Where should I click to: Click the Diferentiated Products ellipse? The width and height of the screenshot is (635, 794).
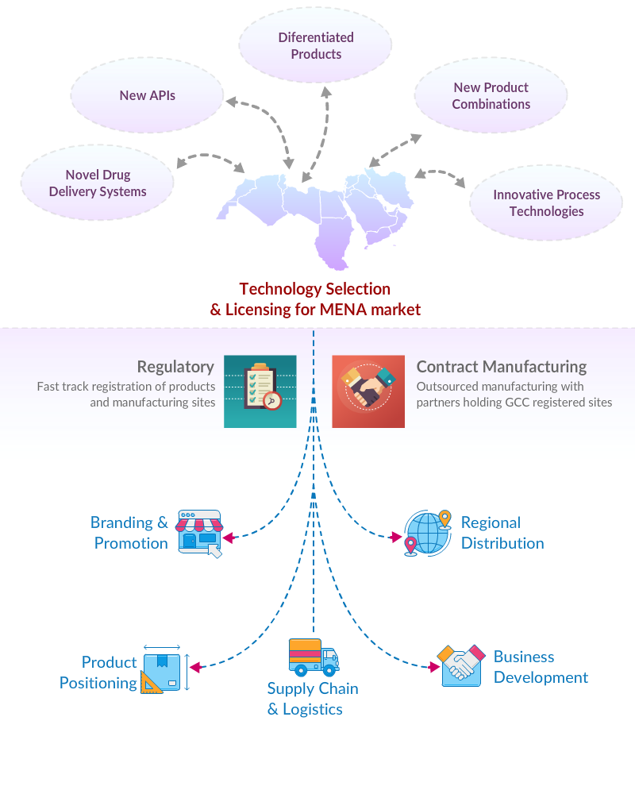[x=316, y=46]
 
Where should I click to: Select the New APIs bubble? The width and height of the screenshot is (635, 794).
[x=148, y=95]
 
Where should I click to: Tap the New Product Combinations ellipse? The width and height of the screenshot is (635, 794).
[x=491, y=96]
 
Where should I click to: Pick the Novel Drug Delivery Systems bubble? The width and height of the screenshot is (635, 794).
[x=98, y=183]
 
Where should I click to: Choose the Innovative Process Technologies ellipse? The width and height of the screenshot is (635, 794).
[x=546, y=203]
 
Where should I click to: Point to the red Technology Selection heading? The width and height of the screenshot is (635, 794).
[x=315, y=299]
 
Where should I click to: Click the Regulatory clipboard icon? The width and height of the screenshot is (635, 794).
[x=260, y=391]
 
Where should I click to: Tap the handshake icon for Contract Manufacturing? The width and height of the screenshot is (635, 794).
[x=368, y=391]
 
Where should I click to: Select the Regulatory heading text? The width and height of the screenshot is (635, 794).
[x=175, y=367]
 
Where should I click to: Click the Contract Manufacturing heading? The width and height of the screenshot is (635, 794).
[x=502, y=367]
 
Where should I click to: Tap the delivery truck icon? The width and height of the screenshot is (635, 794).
[x=314, y=658]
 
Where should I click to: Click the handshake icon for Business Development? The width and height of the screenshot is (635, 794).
[x=461, y=665]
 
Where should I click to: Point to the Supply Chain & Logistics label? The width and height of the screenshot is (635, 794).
[x=313, y=700]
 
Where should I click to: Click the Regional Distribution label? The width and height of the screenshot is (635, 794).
[x=502, y=533]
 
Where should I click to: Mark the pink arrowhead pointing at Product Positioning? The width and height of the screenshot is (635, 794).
[x=194, y=667]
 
